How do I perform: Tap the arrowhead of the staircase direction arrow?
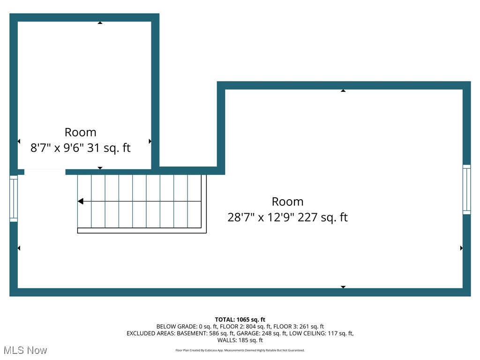pos(81,202)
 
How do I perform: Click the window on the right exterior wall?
pos(466,189)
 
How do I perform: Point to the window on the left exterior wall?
pos(14,198)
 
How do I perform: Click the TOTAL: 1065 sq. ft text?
pos(240,320)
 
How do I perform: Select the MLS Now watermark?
pos(25,350)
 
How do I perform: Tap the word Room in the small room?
pos(80,132)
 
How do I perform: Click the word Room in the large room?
pos(287,202)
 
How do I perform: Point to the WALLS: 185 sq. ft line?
pos(240,340)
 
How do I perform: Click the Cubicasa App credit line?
pos(240,350)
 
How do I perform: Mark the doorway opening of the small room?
pos(45,172)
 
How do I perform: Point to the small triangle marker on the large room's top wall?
pos(343,90)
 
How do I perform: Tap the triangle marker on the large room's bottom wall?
pos(343,286)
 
